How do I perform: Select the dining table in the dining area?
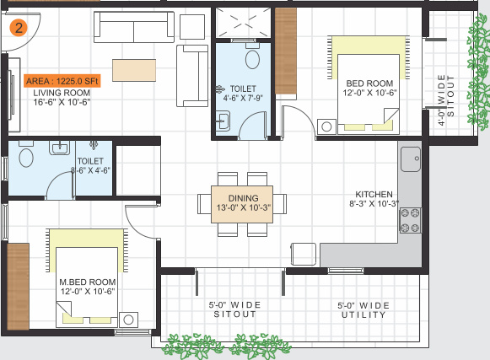[236, 203]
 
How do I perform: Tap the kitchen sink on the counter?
[411, 157]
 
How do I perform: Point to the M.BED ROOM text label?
[88, 281]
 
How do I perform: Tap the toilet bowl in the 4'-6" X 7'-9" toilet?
[251, 59]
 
